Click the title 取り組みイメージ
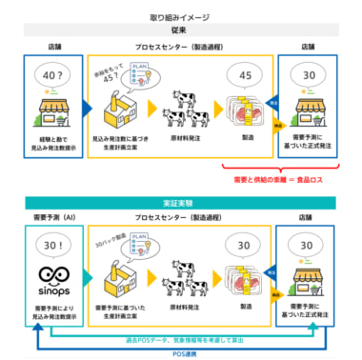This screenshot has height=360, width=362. (x=181, y=18)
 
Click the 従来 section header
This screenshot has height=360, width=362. (x=181, y=31)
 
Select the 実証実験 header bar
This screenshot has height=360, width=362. (x=181, y=202)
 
